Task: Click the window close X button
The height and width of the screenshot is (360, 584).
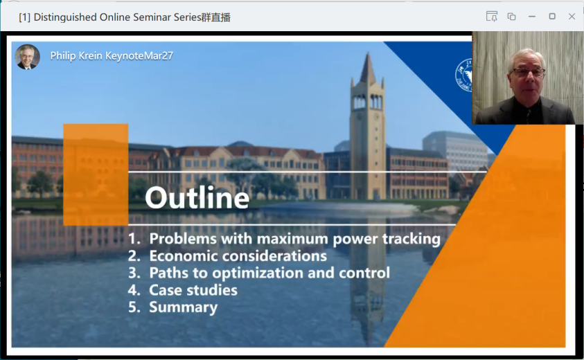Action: click(572, 17)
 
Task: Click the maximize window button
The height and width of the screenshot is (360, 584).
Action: click(552, 17)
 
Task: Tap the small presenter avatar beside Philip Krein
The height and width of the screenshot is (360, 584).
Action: click(27, 57)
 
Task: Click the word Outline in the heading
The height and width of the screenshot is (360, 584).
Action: click(197, 198)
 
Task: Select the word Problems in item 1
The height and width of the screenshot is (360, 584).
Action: click(183, 239)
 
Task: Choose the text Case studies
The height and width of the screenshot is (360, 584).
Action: click(193, 290)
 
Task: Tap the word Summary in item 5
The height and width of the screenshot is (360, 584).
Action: click(184, 307)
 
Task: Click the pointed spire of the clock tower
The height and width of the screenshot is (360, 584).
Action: click(368, 69)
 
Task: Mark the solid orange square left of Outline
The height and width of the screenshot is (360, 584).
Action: click(96, 174)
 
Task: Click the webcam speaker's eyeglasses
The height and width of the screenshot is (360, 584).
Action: click(528, 72)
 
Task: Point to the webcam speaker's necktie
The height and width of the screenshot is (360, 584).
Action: click(528, 116)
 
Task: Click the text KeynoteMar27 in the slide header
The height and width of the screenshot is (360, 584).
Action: click(139, 56)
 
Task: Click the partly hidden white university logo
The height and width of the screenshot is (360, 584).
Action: click(463, 75)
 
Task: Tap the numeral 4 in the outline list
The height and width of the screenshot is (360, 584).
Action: click(133, 290)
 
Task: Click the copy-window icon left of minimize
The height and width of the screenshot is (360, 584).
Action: click(511, 17)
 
